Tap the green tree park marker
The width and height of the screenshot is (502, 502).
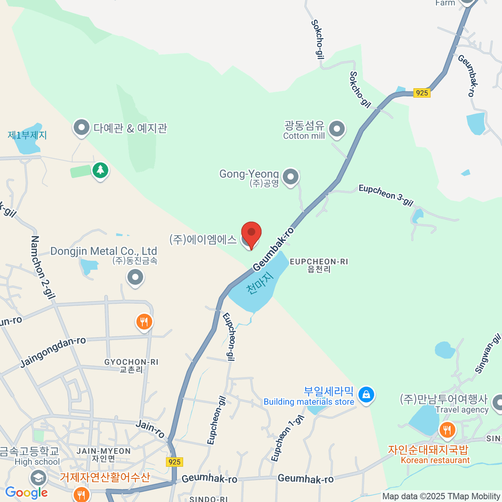point(100,170)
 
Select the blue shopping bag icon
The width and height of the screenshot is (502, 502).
point(366,394)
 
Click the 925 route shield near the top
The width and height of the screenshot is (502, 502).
point(422,93)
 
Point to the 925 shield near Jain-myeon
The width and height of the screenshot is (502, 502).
point(174,462)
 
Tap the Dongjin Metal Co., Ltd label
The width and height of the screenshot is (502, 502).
point(103,251)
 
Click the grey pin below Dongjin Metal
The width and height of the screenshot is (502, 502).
point(135,277)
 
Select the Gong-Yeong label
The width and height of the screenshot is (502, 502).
point(249,174)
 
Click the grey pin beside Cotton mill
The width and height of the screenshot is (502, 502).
point(337,129)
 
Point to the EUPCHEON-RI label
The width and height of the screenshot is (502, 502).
point(319,262)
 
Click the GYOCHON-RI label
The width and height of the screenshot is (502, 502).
point(131,362)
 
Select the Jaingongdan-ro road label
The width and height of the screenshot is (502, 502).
point(53,352)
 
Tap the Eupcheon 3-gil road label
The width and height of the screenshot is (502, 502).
point(386,195)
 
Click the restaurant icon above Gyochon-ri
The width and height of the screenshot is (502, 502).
point(144,322)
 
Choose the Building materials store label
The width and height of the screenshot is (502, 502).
point(309,402)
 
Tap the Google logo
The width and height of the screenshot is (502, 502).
point(26,493)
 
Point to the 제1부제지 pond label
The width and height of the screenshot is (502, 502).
point(27,135)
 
